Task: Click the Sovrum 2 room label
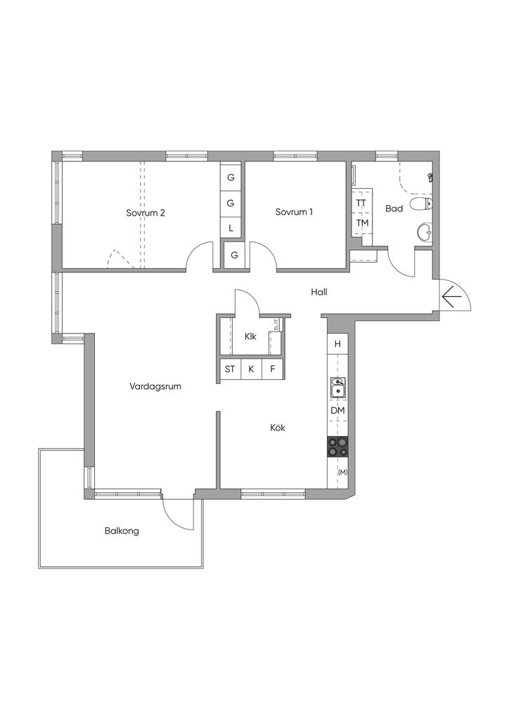click(x=146, y=213)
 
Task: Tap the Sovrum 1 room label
click(x=294, y=212)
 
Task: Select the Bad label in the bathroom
click(x=394, y=209)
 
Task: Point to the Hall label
click(x=319, y=291)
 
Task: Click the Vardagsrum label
click(x=155, y=387)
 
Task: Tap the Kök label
click(x=278, y=428)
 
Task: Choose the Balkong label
click(x=122, y=532)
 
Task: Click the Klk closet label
click(x=250, y=336)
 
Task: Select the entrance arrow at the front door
click(x=451, y=297)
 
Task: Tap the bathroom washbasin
click(x=425, y=232)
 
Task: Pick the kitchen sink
click(x=337, y=388)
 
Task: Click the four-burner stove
click(x=337, y=447)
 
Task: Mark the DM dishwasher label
click(x=337, y=411)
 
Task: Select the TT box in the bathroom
click(x=361, y=202)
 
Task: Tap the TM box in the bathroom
click(x=362, y=223)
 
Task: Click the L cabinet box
click(x=231, y=227)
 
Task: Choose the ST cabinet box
click(x=230, y=369)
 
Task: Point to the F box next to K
click(x=273, y=369)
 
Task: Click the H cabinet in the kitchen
click(x=337, y=344)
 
